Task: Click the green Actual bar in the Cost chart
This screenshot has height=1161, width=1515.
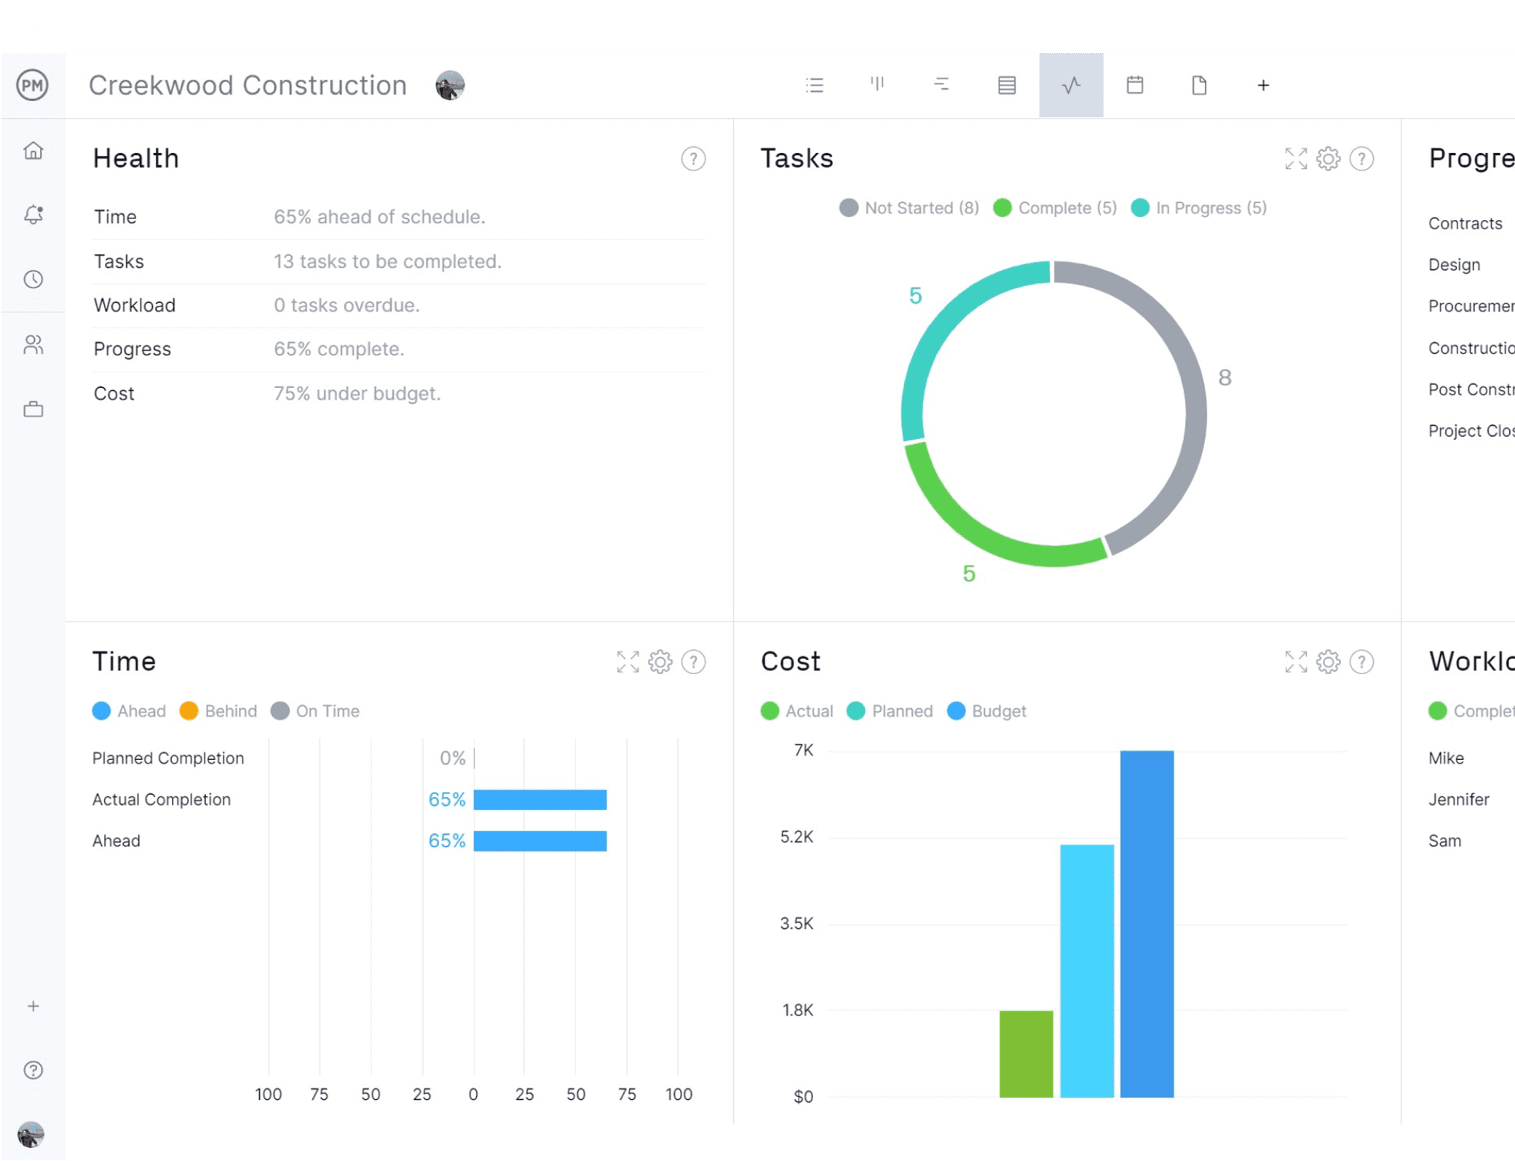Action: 1026,1053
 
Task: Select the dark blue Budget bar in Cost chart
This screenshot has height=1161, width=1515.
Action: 1147,924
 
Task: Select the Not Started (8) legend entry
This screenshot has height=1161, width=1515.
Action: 910,208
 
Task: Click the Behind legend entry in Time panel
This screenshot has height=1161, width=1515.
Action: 218,711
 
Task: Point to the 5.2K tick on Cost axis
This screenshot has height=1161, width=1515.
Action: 796,837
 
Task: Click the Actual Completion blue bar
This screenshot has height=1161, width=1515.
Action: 539,800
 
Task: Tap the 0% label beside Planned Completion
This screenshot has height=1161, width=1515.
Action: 452,758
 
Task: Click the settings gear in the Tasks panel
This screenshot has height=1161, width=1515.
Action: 1328,159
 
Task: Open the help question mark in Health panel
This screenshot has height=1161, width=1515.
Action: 693,159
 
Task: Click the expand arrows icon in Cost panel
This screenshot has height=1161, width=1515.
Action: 1295,662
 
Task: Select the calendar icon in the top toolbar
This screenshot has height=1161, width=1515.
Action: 1134,85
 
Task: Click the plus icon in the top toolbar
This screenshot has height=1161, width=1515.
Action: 1263,85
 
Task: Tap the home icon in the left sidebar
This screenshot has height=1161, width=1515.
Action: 33,151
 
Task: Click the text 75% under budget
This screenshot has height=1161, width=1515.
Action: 357,394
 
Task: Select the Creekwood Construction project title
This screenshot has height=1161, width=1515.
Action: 248,85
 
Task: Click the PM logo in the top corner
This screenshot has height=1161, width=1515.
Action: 33,85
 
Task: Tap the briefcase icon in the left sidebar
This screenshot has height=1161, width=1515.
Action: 33,409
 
